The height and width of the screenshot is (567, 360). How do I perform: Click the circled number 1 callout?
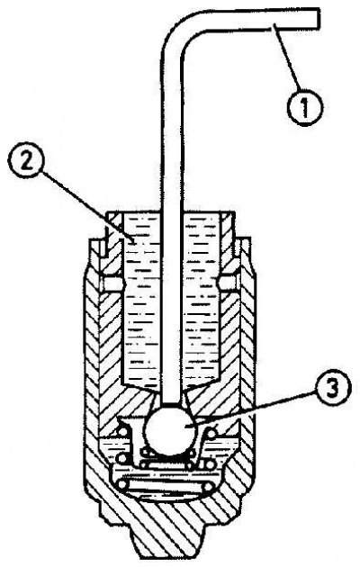(305, 106)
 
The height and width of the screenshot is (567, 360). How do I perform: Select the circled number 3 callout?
(333, 391)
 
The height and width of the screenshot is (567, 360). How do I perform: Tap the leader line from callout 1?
(285, 57)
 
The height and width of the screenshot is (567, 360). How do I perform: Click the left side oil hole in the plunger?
(113, 283)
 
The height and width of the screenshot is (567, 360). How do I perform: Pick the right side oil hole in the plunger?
(229, 283)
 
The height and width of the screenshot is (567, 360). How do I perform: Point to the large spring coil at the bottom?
(167, 485)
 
